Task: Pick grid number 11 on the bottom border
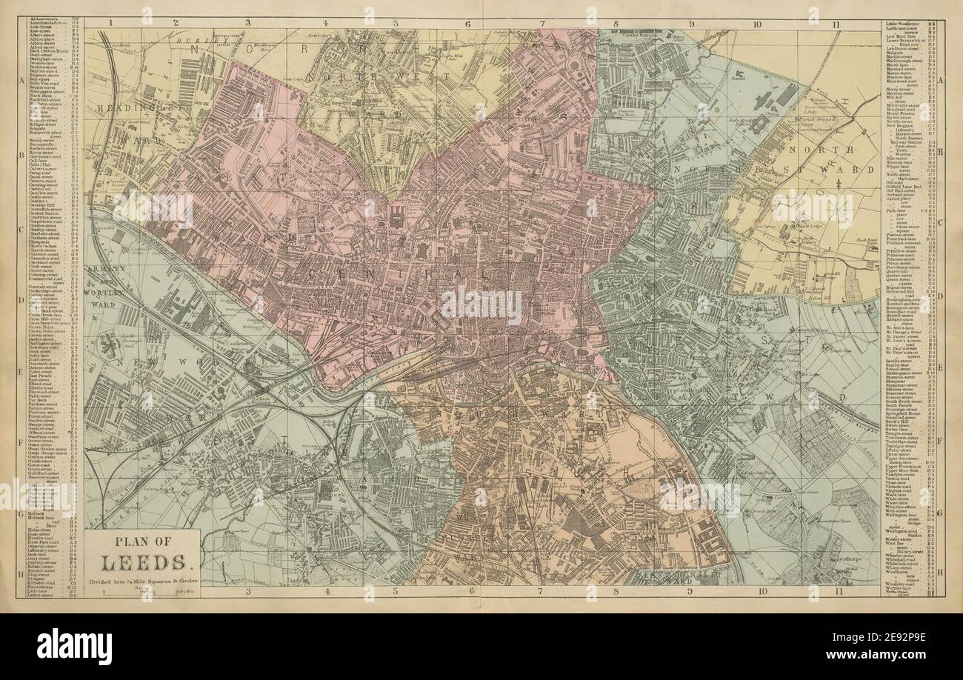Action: pos(836,590)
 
